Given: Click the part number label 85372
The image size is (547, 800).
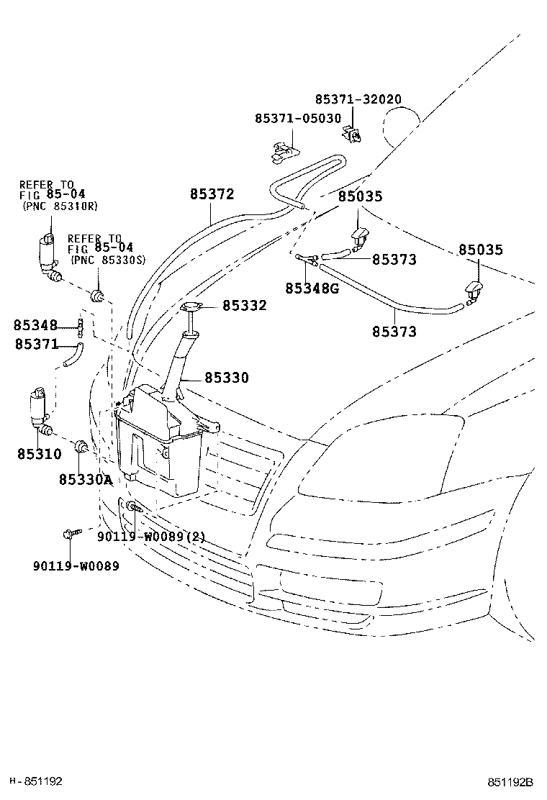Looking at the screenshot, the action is [212, 194].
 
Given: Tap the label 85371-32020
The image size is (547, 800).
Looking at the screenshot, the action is [358, 99].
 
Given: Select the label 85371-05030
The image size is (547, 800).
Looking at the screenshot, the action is [298, 119].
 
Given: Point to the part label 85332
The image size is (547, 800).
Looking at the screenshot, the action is [245, 305].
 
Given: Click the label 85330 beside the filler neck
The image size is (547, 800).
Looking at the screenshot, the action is [227, 378].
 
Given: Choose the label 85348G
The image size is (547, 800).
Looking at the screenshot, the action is [312, 288].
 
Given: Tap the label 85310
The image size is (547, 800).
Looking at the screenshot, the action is [40, 453].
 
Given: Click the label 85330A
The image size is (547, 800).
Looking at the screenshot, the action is [85, 480].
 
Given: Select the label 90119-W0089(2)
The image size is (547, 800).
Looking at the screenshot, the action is [151, 537].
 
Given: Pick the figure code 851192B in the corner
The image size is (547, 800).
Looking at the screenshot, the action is [510, 781].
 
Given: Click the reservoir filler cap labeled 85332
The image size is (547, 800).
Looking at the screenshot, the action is [191, 307].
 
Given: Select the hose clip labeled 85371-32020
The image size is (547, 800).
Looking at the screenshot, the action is [351, 134].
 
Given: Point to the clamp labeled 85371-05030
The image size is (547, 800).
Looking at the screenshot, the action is [283, 152].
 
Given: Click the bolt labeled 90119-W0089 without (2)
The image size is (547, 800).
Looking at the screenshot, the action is [71, 533].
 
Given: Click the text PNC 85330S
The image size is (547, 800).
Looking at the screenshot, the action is [108, 260].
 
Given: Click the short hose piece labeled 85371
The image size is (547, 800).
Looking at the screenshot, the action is [73, 355].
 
